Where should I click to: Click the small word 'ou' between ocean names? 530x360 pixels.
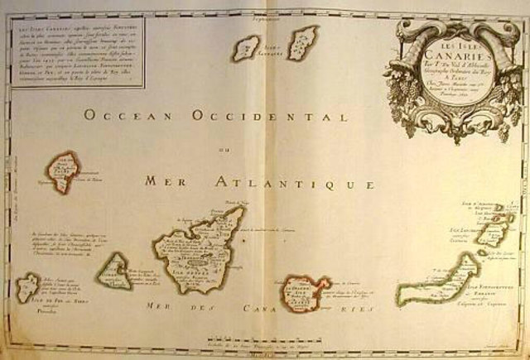click(221, 149)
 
